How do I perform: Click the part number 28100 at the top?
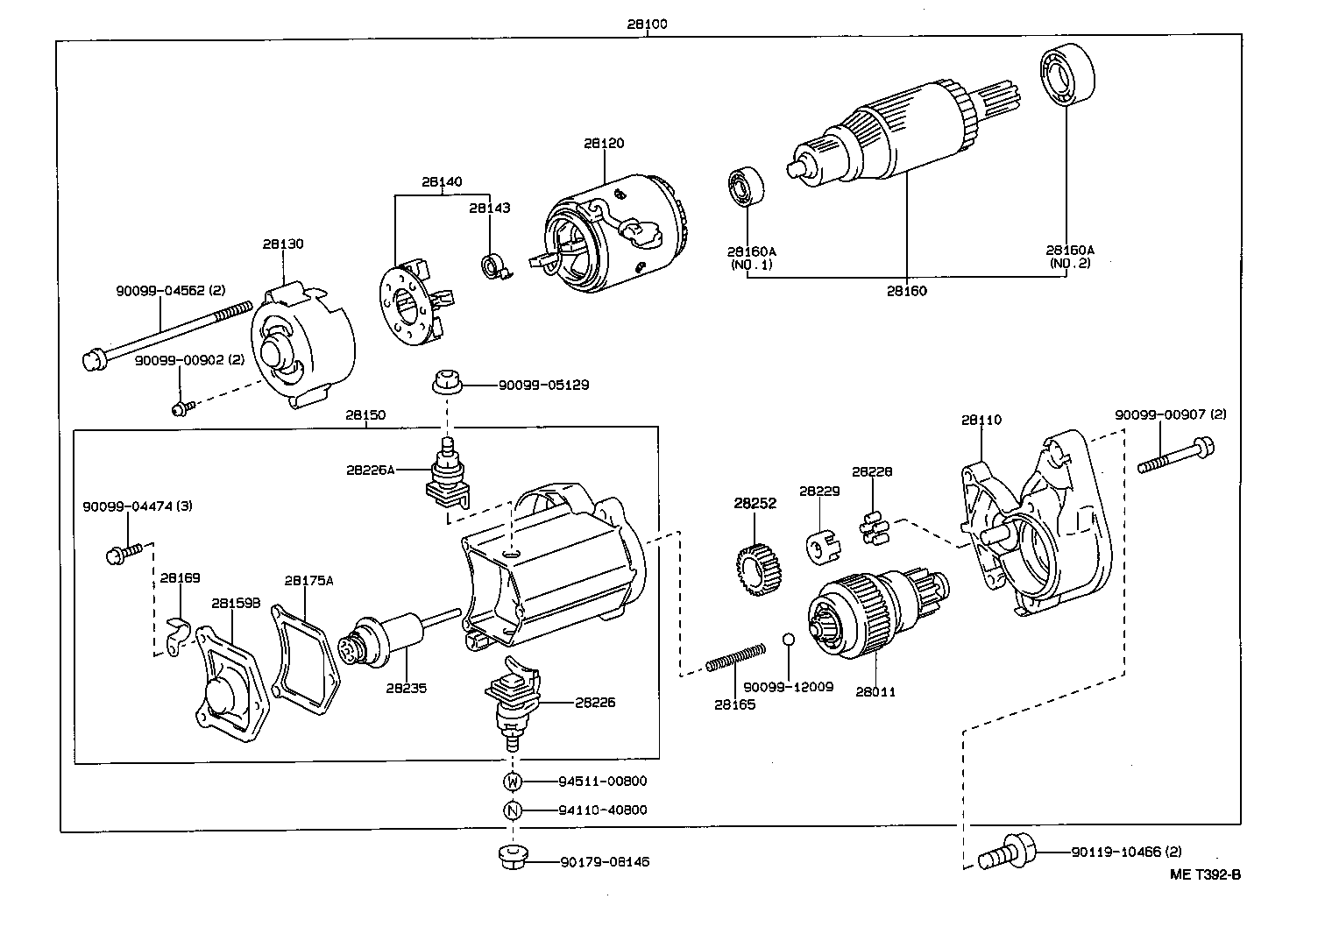pyautogui.click(x=647, y=24)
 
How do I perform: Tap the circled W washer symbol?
pyautogui.click(x=513, y=782)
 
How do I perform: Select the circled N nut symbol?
pyautogui.click(x=513, y=810)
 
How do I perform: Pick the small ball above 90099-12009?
pyautogui.click(x=788, y=640)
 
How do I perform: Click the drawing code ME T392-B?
pyautogui.click(x=1206, y=874)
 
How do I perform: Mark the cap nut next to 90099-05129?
pyautogui.click(x=445, y=384)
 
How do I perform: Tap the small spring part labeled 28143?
pyautogui.click(x=493, y=265)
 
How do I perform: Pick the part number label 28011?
pyautogui.click(x=875, y=692)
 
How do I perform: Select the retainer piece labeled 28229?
pyautogui.click(x=821, y=550)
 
